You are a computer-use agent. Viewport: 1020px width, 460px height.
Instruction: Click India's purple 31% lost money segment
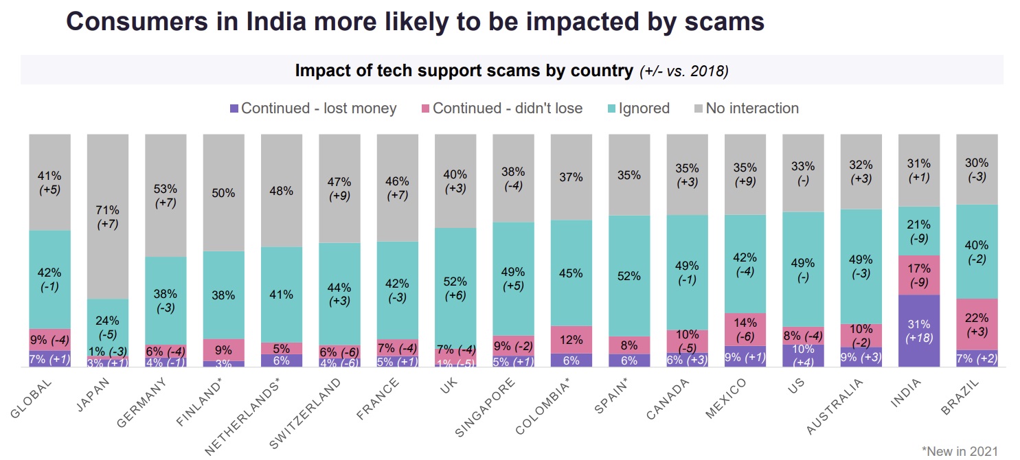click(919, 331)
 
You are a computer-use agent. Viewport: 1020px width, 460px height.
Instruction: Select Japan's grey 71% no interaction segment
click(107, 216)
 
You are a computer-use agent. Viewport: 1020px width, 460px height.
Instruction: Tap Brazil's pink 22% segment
click(977, 324)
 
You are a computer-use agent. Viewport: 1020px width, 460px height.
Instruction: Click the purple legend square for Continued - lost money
click(234, 108)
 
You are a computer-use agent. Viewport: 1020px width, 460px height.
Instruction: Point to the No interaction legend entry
click(746, 108)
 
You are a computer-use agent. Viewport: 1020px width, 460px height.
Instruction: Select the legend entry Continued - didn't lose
click(501, 108)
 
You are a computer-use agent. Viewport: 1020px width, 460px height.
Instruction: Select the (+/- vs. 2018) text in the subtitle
click(683, 71)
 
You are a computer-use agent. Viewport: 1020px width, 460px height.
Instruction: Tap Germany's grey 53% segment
click(166, 195)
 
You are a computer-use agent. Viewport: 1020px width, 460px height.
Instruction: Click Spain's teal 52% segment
click(629, 276)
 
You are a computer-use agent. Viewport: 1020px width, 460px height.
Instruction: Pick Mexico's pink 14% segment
click(745, 329)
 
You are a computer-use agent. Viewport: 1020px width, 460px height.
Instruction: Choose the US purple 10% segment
click(803, 356)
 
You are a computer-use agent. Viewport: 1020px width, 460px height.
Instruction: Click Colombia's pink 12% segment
click(571, 339)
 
